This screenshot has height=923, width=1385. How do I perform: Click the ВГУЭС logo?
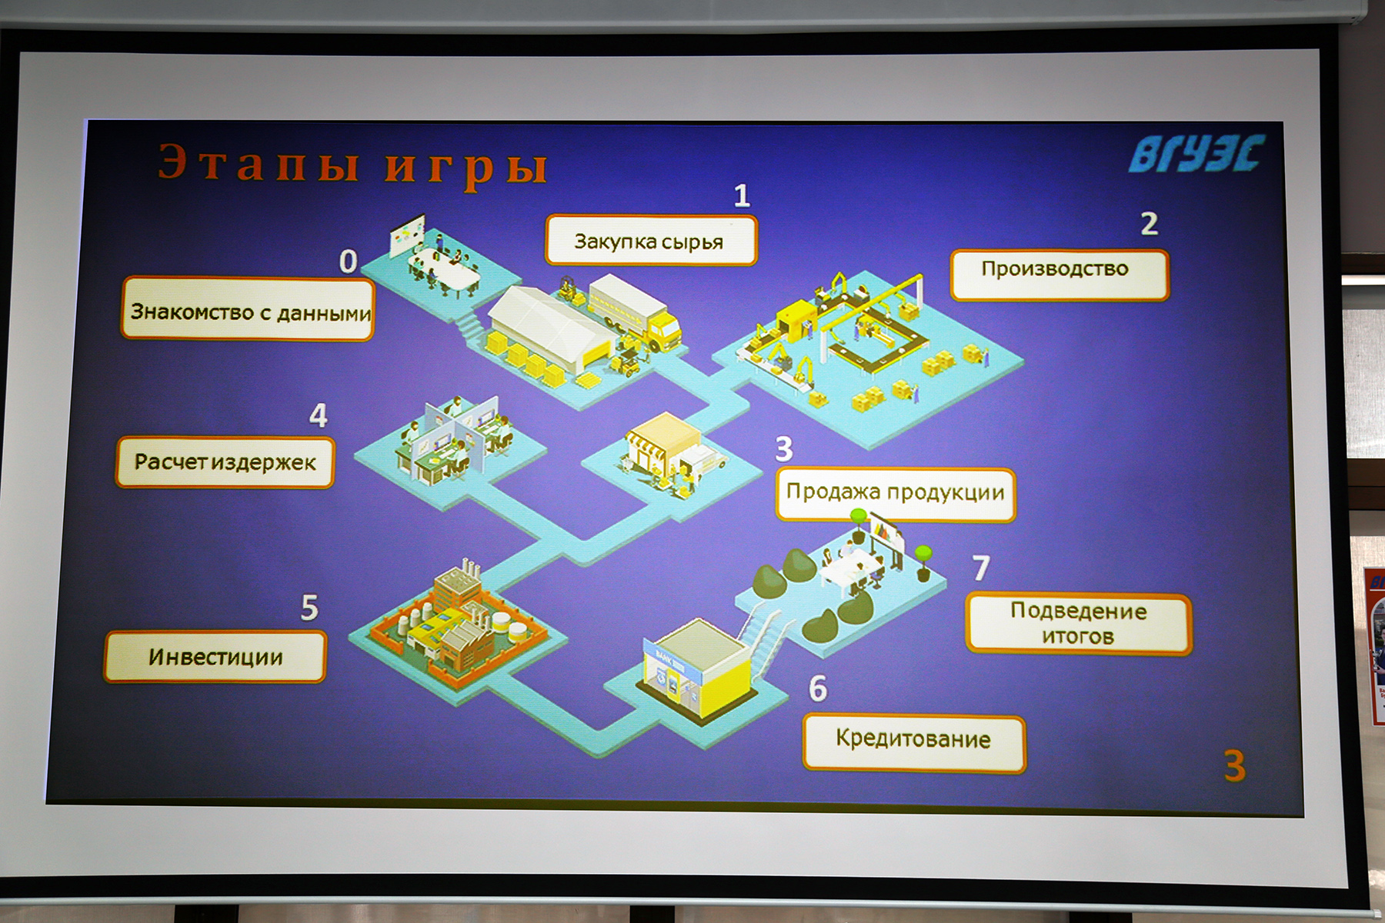point(1196,153)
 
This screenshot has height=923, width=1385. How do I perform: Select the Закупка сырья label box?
point(651,241)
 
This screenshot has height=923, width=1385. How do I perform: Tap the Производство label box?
point(1060,275)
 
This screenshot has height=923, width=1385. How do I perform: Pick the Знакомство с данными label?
point(248,309)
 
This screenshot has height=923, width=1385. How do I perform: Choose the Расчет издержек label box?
point(225,462)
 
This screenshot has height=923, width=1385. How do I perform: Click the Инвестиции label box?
point(215,657)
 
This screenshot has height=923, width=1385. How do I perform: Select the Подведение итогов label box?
point(1079,624)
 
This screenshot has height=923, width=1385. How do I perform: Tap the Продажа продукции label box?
point(896,494)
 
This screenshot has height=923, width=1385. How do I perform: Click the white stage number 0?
point(349,262)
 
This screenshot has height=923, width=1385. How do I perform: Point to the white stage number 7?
point(981,568)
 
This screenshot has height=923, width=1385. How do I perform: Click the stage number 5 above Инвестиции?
point(309,608)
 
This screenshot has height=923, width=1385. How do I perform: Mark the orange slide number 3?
point(1235,765)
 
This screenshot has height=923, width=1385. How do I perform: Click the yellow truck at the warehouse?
point(636,311)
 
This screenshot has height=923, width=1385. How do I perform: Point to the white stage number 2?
point(1149,224)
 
